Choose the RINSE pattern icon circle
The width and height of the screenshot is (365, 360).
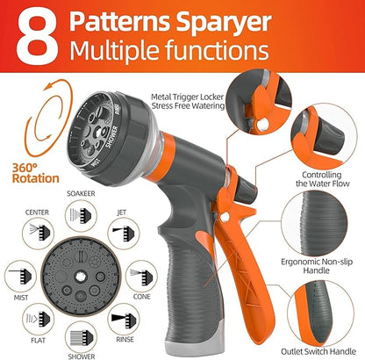pos(122,311)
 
